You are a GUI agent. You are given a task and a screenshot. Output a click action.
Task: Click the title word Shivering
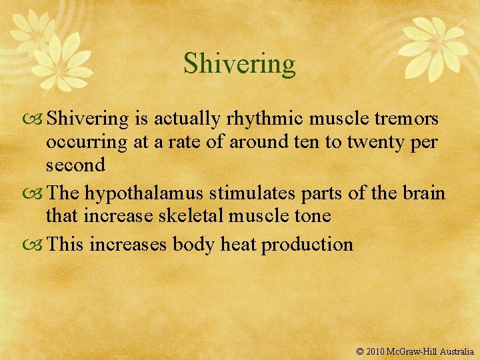click(x=239, y=64)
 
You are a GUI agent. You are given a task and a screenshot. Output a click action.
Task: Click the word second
click(x=75, y=165)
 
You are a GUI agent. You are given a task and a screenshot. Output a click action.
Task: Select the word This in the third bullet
click(x=66, y=244)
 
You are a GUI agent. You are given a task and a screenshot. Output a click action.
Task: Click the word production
click(x=307, y=244)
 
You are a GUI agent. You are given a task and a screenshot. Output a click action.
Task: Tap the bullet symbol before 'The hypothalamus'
click(x=35, y=193)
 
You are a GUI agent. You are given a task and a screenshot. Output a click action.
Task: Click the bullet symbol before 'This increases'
click(x=35, y=245)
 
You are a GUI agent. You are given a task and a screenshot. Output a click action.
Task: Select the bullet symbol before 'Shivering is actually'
click(x=35, y=119)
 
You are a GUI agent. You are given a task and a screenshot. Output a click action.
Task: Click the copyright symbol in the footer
click(x=361, y=351)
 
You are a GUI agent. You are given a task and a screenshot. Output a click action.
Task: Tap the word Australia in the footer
click(x=456, y=351)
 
